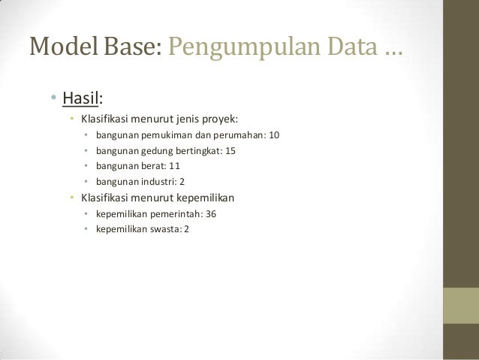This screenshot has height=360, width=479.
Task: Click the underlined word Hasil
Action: (x=81, y=98)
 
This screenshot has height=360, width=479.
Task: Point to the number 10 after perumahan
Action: (x=273, y=136)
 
